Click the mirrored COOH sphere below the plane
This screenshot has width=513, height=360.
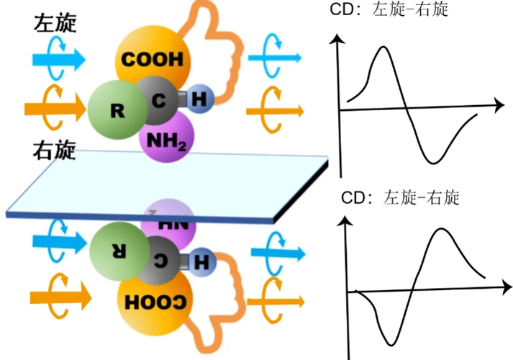(x=154, y=301)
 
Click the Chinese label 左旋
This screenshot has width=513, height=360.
(x=55, y=23)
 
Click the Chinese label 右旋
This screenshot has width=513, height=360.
(x=55, y=152)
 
